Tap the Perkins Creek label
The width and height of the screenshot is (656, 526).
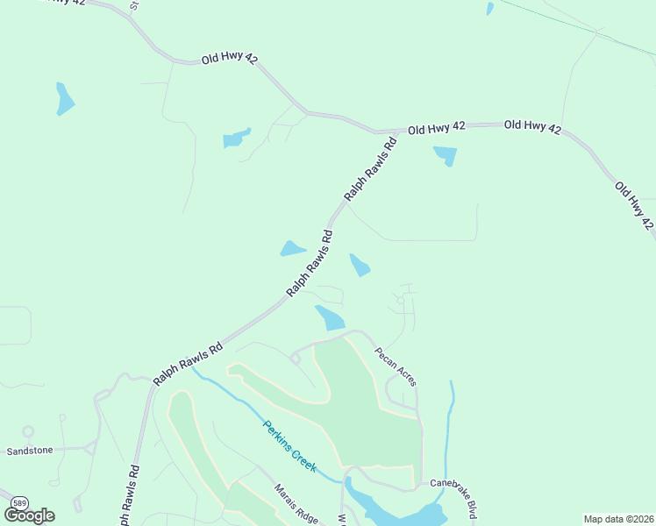click(x=289, y=446)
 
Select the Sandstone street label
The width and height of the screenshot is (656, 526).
click(x=30, y=451)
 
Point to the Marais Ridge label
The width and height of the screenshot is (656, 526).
click(x=295, y=504)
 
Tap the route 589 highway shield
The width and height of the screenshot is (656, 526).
click(x=19, y=501)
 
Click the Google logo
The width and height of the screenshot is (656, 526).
click(x=30, y=515)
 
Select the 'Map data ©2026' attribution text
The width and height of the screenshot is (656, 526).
click(x=618, y=519)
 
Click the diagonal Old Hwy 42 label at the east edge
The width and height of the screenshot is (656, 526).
click(x=635, y=205)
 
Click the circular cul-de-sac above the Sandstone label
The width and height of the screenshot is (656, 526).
click(x=28, y=431)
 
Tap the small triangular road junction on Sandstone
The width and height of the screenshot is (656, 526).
click(x=91, y=448)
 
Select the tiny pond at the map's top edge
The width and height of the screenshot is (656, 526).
click(x=490, y=8)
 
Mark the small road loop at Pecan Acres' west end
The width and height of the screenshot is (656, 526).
click(x=296, y=357)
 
